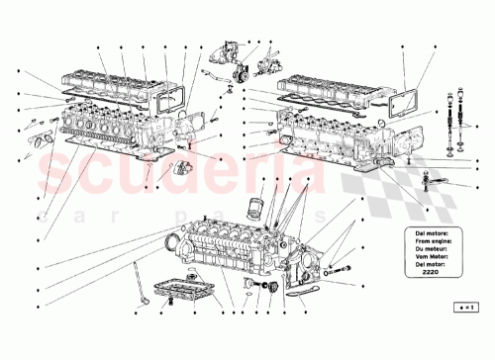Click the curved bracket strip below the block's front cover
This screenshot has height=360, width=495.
point(302,292)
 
